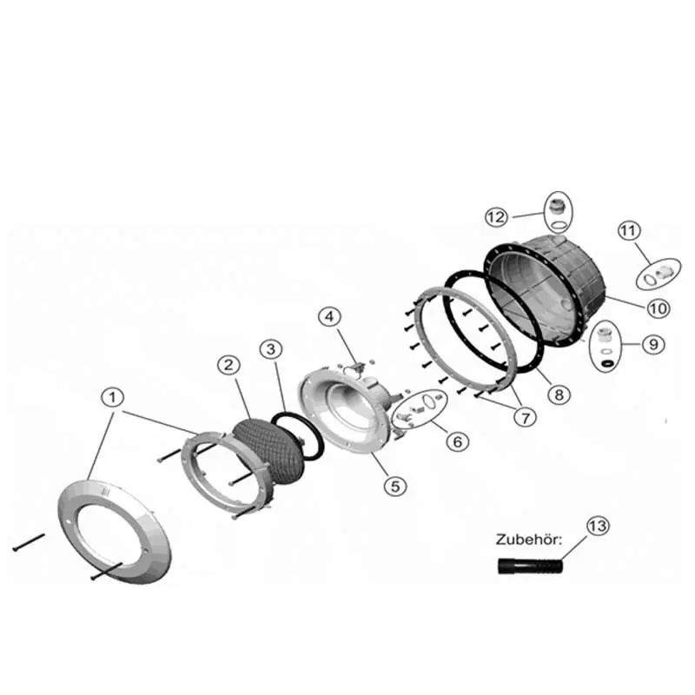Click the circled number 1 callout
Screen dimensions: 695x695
click(x=113, y=397)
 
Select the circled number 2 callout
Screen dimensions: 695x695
click(x=228, y=365)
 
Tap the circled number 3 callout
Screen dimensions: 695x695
click(x=271, y=349)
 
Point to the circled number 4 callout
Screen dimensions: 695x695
click(x=330, y=316)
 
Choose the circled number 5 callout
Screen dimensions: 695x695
click(x=395, y=486)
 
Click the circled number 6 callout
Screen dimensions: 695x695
click(x=457, y=441)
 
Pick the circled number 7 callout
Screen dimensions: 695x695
click(x=526, y=417)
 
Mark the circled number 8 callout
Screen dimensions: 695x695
click(x=559, y=394)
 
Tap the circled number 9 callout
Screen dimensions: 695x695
click(x=653, y=344)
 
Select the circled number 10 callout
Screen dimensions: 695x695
click(x=658, y=308)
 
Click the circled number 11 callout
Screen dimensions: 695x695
click(x=629, y=231)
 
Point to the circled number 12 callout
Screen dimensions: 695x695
click(x=496, y=217)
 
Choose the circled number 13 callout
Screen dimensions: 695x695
click(x=598, y=526)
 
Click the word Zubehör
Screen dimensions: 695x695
click(x=529, y=539)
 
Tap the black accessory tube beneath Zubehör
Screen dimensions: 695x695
click(x=530, y=566)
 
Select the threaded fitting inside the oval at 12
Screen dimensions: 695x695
click(x=554, y=208)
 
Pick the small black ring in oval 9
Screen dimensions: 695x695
click(x=606, y=363)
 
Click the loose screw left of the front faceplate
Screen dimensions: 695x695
click(x=29, y=542)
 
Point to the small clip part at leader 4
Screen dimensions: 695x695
click(x=357, y=367)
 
